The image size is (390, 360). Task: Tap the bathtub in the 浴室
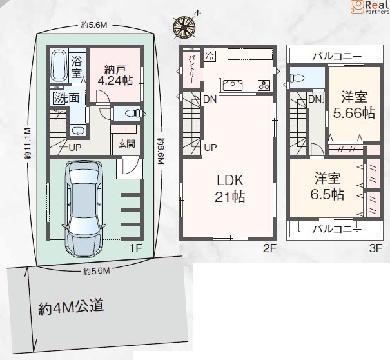59,65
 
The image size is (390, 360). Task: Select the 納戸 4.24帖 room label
115,75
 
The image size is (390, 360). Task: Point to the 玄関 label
126,144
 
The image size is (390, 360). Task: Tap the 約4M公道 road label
71,306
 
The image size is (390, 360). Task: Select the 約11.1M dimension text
27,144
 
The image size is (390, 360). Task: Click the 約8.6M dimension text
161,150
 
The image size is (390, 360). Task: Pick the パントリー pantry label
191,70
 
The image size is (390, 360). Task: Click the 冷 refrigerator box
210,55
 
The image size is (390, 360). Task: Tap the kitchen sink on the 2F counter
233,85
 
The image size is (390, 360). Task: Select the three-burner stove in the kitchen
264,85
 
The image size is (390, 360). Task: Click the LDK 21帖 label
230,188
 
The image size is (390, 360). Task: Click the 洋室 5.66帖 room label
354,105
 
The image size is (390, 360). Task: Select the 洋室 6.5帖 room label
327,186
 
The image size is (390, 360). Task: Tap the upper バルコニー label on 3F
337,56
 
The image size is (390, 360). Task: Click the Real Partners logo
370,6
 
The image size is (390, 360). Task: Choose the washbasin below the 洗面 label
79,130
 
